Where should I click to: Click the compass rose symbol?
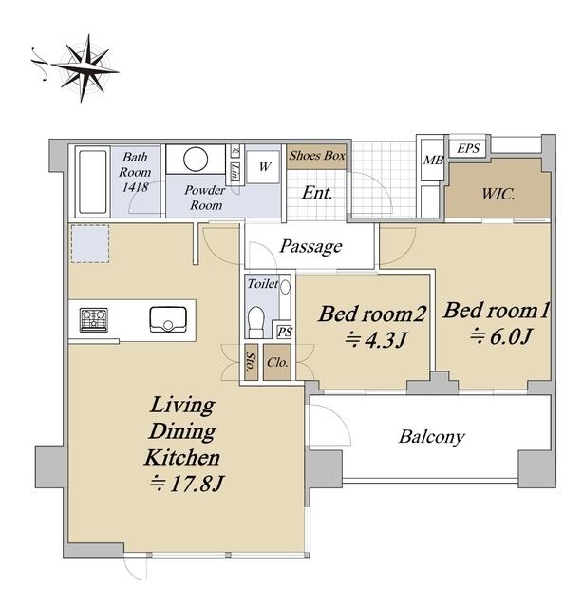pos(83,68)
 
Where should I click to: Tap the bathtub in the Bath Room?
pos(93,181)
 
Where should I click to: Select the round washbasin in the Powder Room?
pos(196,159)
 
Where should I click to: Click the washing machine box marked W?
pos(264,167)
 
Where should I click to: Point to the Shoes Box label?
pos(317,156)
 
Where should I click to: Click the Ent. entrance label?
pos(317,193)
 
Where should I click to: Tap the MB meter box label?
pos(433,160)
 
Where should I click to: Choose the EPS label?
pos(468,148)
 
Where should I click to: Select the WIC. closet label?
pos(498,194)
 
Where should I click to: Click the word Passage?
pos(310,247)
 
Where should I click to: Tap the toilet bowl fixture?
pos(255,321)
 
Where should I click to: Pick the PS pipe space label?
pos(285,332)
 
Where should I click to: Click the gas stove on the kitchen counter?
pos(93,320)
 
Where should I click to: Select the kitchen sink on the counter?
pos(168,319)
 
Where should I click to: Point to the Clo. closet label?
pos(277,363)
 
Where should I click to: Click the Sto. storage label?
pos(252,362)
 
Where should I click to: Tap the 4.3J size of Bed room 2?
pos(376,340)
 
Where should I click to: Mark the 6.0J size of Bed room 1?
pos(500,336)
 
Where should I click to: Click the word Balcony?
pos(431,437)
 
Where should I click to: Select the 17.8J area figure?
pos(187,484)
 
